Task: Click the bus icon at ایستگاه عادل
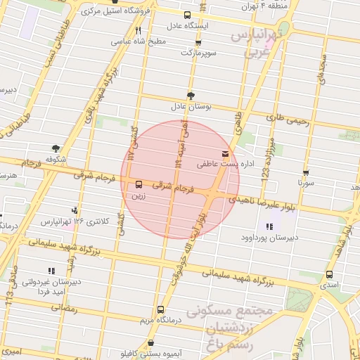(x=186, y=15)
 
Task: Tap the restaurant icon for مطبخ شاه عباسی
(x=138, y=30)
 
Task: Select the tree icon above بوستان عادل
(x=191, y=95)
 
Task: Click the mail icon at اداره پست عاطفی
(x=225, y=153)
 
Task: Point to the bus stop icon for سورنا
(x=305, y=172)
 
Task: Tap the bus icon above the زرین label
(x=139, y=184)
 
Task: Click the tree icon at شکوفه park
(x=56, y=148)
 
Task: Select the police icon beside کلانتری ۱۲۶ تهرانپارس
(x=75, y=210)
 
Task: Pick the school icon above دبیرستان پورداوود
(x=269, y=226)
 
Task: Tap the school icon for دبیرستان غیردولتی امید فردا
(x=51, y=270)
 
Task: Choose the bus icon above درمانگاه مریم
(x=160, y=309)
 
